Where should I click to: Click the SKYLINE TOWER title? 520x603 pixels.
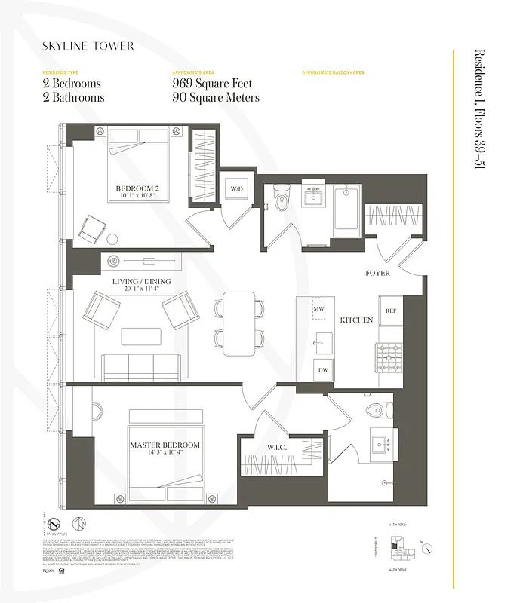tap(88, 46)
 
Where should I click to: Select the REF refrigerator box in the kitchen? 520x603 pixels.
tap(390, 311)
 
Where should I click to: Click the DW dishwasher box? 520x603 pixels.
tap(323, 370)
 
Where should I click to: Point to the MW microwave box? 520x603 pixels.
tap(320, 308)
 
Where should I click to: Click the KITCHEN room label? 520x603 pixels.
tap(356, 320)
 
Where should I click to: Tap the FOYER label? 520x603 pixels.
tap(377, 273)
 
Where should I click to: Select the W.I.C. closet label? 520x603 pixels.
tap(275, 447)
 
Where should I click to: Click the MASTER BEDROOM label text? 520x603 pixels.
tap(165, 445)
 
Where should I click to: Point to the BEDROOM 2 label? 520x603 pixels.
tap(137, 188)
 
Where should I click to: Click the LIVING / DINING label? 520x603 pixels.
tap(142, 282)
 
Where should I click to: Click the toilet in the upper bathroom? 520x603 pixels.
tap(282, 199)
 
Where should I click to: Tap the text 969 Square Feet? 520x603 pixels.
tap(212, 84)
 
